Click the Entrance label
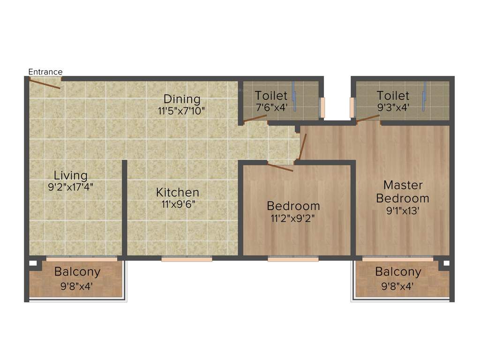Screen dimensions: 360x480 coord(45,72)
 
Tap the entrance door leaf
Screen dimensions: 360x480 coord(45,84)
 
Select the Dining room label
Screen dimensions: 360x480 coord(182,99)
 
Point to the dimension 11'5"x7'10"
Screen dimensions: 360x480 coord(182,111)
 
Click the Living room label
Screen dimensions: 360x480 coord(70,175)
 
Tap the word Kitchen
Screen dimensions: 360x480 coord(178,192)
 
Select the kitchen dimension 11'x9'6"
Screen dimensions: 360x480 coord(178,204)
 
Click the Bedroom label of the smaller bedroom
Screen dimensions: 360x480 coord(293,206)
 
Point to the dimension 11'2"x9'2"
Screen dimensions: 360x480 coord(293,217)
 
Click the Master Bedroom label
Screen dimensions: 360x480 coord(402,191)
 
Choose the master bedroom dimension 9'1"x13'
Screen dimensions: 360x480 coord(402,211)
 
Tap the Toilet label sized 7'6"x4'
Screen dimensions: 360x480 coord(271,96)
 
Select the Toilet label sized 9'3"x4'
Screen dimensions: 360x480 coord(393,96)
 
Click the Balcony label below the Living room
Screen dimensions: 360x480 coord(77,272)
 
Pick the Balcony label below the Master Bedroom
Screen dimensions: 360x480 coord(398,272)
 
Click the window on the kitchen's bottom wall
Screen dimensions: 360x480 coord(187,258)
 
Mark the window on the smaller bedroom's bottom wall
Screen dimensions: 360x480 coord(293,258)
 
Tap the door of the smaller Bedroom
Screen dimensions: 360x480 coord(280,167)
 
